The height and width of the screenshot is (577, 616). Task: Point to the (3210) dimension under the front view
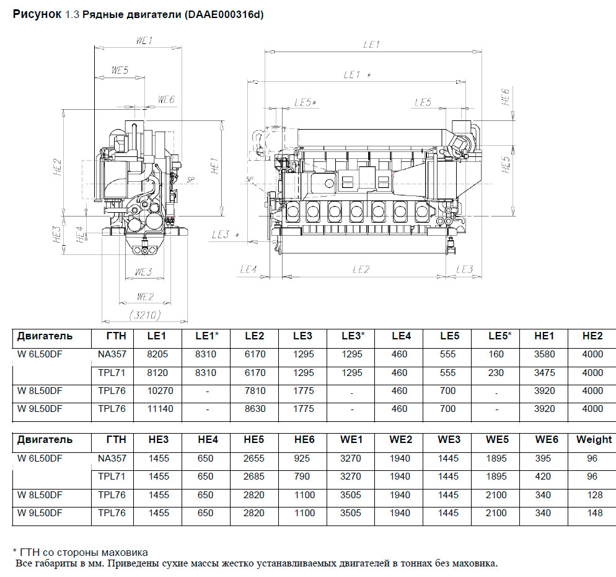[144, 315]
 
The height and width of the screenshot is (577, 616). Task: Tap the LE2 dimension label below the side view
[361, 269]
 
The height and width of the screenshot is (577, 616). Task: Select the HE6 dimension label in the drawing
[506, 96]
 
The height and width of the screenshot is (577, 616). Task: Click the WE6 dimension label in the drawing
[166, 99]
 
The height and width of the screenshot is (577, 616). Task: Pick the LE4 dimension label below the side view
[248, 269]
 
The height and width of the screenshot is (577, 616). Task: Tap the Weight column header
[593, 439]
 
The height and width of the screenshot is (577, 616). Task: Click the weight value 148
[593, 512]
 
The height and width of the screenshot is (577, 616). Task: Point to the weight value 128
[593, 494]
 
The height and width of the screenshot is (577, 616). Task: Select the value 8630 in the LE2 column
[255, 409]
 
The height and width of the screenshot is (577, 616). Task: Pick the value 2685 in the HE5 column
[255, 476]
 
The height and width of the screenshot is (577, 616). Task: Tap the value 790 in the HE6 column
[303, 476]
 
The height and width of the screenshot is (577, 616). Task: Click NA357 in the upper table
[112, 354]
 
